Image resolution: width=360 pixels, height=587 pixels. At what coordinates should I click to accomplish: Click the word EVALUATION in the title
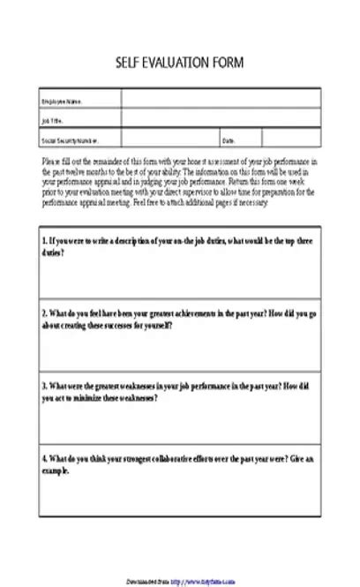[x=181, y=63]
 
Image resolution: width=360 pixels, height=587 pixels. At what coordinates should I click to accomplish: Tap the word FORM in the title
[x=229, y=63]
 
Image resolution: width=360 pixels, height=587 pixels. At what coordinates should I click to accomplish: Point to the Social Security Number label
[x=70, y=140]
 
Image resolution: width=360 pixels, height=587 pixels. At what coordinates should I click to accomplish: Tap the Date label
[x=228, y=140]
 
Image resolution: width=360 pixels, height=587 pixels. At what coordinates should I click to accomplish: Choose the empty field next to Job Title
[x=221, y=120]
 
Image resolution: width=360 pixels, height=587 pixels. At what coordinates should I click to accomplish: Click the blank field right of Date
[x=291, y=139]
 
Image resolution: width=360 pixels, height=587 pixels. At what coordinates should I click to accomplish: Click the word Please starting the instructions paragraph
[x=52, y=162]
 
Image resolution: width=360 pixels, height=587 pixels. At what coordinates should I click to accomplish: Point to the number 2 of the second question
[x=44, y=313]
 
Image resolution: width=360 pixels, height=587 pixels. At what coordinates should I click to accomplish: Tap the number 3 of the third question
[x=44, y=386]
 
